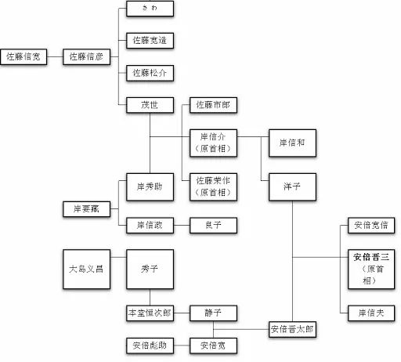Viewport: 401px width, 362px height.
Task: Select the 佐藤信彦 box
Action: click(86, 56)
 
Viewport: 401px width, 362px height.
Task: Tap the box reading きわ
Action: click(149, 10)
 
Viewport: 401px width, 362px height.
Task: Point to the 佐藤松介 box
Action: click(149, 73)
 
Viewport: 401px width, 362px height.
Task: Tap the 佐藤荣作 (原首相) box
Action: click(212, 185)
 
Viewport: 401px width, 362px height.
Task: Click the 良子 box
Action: click(212, 224)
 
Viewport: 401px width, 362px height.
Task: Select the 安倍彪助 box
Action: click(149, 345)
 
